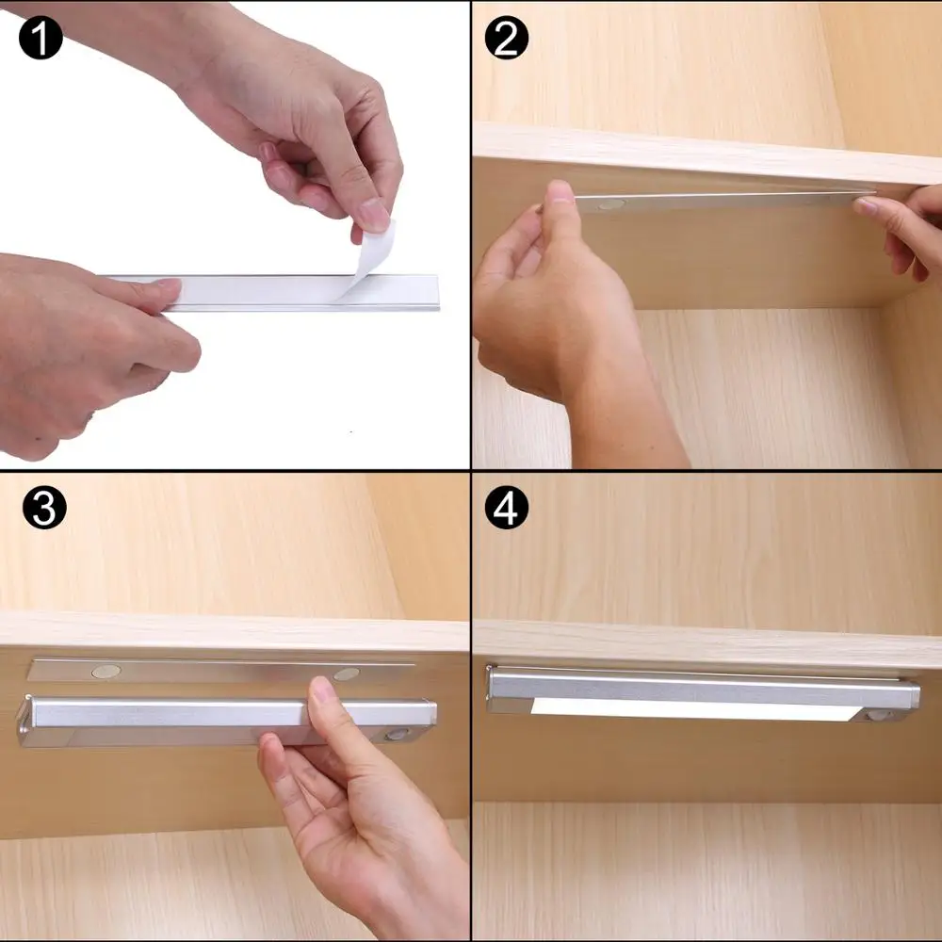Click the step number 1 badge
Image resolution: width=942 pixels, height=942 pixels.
point(39,39)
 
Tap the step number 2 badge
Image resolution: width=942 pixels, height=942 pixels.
point(506,39)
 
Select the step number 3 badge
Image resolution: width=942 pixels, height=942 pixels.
point(44,508)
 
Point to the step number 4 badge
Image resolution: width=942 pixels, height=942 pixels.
point(506,509)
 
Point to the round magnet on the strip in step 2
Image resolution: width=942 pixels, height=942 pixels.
point(609,203)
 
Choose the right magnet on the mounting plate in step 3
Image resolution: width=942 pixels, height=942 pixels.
point(346,674)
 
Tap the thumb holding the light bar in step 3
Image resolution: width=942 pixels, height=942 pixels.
point(323,702)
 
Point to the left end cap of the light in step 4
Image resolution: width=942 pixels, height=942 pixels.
point(492,690)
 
